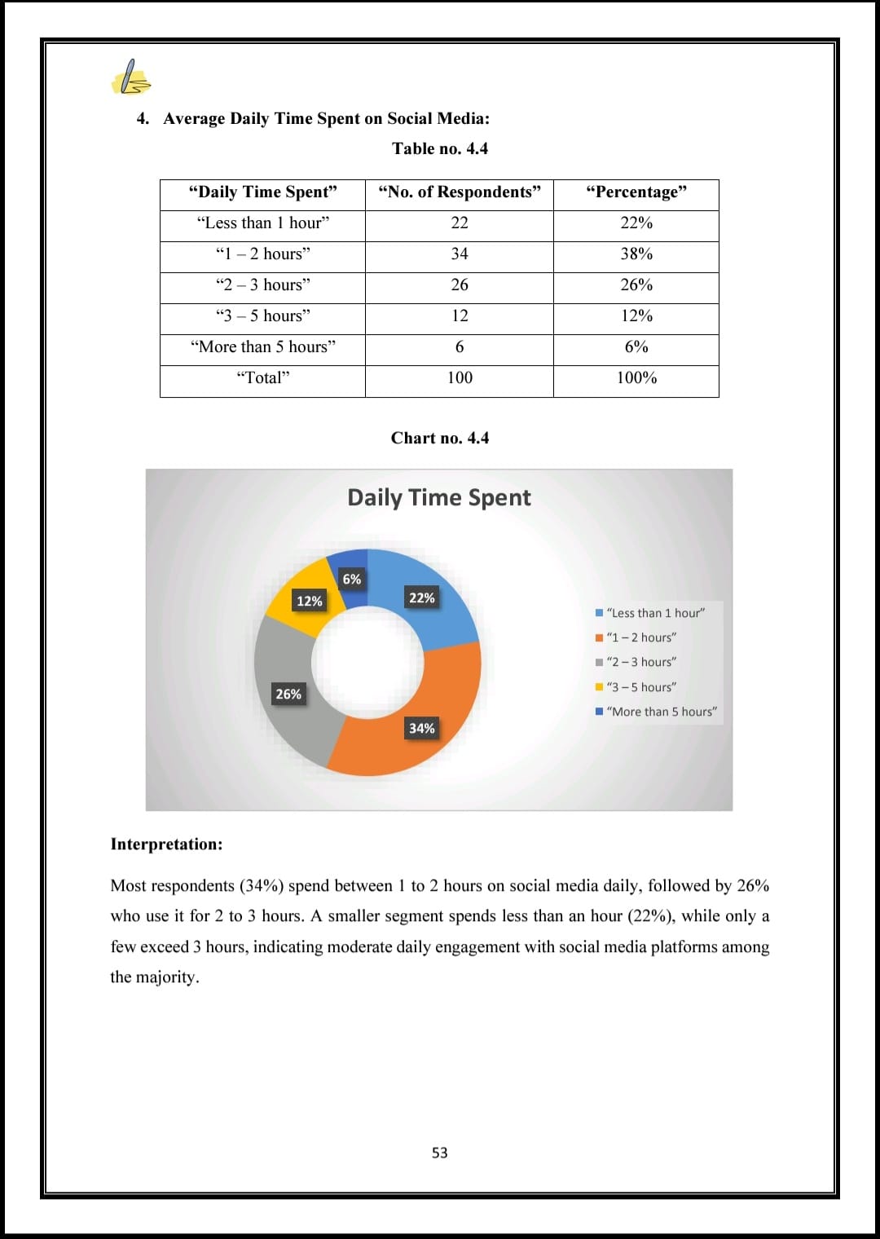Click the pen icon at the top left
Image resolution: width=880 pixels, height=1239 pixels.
tap(130, 78)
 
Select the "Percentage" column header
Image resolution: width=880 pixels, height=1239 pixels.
tap(636, 192)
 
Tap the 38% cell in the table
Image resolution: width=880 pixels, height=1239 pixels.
tap(636, 254)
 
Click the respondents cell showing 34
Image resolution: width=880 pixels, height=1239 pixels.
tap(460, 254)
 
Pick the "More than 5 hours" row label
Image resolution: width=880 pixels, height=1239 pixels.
tap(262, 347)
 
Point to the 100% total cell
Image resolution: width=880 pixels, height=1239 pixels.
tap(636, 378)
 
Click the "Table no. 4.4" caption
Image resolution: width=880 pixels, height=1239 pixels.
tap(440, 148)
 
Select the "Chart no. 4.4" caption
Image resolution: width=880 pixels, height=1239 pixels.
tap(440, 439)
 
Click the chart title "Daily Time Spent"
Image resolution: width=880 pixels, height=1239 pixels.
tap(438, 498)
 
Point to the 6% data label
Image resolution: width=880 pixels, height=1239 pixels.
tap(352, 580)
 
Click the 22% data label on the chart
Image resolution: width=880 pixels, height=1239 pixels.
tap(422, 598)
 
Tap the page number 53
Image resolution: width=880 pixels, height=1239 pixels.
tap(440, 1153)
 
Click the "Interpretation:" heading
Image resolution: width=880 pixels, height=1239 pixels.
tap(166, 844)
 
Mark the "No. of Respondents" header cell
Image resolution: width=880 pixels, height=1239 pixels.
tap(460, 192)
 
